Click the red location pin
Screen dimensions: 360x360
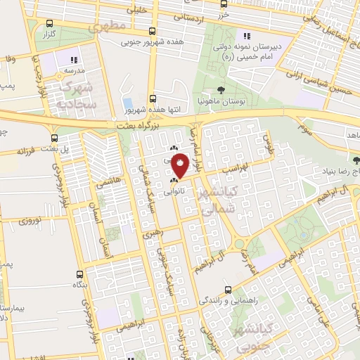tap(180, 166)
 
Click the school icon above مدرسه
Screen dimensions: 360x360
tap(75, 58)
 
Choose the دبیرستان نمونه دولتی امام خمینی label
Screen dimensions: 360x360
tap(247, 51)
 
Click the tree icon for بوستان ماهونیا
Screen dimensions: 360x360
tap(221, 89)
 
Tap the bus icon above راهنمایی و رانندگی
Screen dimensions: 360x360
tap(228, 289)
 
